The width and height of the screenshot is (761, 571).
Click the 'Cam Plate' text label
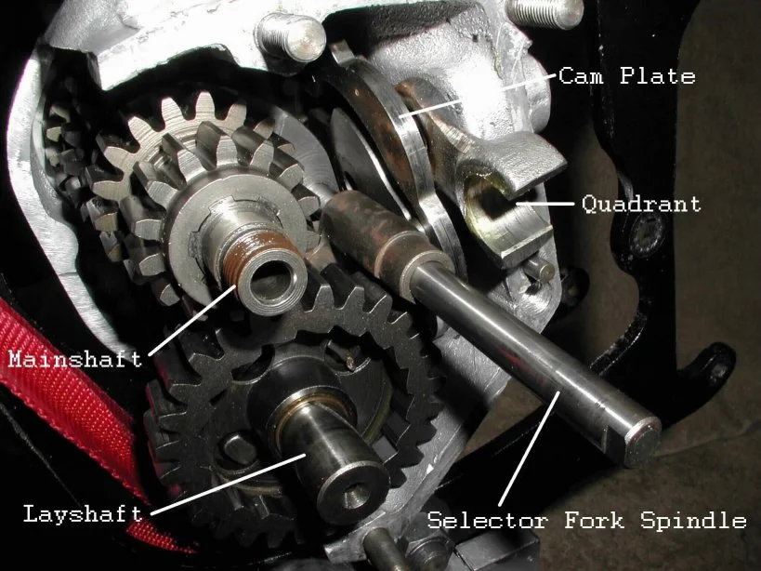coord(626,75)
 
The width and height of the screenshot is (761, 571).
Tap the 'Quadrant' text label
coord(640,203)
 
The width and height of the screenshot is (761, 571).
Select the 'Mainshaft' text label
coord(74,358)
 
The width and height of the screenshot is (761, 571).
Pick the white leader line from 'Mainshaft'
coord(190,321)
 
